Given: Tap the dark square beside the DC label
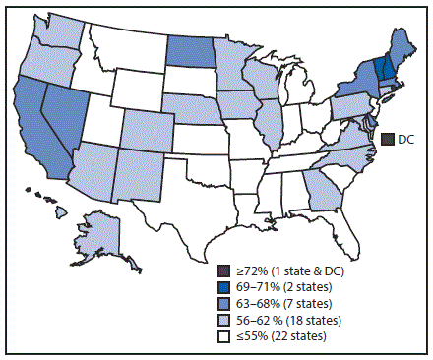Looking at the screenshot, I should click(389, 140).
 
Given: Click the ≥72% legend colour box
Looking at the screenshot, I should click(224, 270).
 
